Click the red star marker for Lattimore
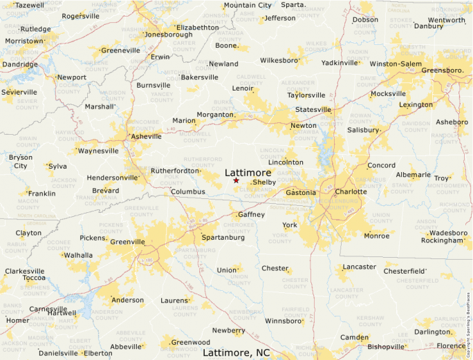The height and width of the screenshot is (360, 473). pos(236,180)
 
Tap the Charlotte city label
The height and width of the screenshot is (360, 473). pos(351,191)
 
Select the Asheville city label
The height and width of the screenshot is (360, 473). pos(147,137)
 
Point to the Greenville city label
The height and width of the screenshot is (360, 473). pos(127,242)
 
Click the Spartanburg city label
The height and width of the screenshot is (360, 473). pos(223,238)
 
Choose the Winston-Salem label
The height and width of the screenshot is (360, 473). pos(395,64)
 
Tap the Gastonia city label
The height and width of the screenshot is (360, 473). pos(301,192)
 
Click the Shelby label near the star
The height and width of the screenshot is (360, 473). pos(264,182)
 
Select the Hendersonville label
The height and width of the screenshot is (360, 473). pos(113,178)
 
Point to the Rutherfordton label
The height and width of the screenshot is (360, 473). pos(175,170)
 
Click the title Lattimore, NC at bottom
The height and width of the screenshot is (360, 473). pos(236,352)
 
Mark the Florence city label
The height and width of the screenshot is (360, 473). pos(451,345)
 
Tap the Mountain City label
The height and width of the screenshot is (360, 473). pos(248,6)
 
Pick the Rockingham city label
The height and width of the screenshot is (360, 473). pos(442,240)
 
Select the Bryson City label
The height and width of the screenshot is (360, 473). pos(20,162)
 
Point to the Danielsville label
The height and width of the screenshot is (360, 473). pos(58,353)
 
